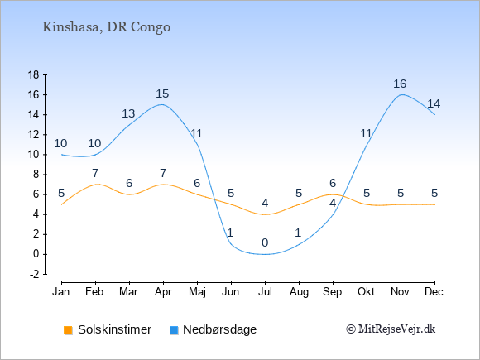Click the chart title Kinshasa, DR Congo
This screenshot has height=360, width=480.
click(x=106, y=27)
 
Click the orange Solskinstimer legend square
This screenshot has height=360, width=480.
click(x=68, y=330)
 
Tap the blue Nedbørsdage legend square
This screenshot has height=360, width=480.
click(x=174, y=330)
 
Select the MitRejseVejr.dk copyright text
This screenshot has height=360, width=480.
click(x=391, y=329)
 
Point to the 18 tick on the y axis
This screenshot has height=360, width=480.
click(x=33, y=74)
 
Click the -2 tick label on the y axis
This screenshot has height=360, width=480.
click(x=34, y=274)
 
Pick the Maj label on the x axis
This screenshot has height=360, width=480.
click(x=197, y=292)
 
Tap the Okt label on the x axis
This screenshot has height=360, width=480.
click(x=366, y=292)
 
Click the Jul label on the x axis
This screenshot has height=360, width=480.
click(x=265, y=292)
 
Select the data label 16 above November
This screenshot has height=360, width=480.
click(x=400, y=84)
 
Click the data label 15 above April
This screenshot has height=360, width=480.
click(x=162, y=94)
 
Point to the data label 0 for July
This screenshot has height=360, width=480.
click(x=265, y=243)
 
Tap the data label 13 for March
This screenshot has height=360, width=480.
click(x=128, y=113)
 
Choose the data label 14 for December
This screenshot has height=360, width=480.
click(x=434, y=103)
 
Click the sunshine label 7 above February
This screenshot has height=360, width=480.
click(x=95, y=173)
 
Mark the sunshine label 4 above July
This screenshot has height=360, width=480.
click(x=265, y=203)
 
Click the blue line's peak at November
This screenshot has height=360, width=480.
click(x=401, y=94)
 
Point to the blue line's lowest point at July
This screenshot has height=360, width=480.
click(x=265, y=254)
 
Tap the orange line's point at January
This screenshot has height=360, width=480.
click(x=62, y=204)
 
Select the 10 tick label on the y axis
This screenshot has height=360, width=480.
click(x=33, y=155)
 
